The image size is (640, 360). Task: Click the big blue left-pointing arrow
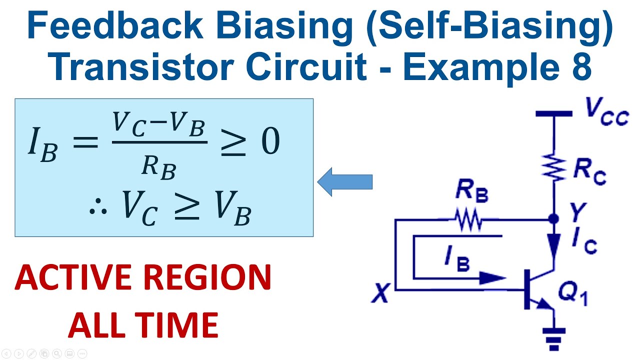345,182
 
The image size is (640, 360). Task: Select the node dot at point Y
553,219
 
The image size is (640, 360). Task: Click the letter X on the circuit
381,293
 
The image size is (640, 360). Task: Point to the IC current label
584,243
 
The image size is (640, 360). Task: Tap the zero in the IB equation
270,142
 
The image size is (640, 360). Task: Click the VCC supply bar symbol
553,114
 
